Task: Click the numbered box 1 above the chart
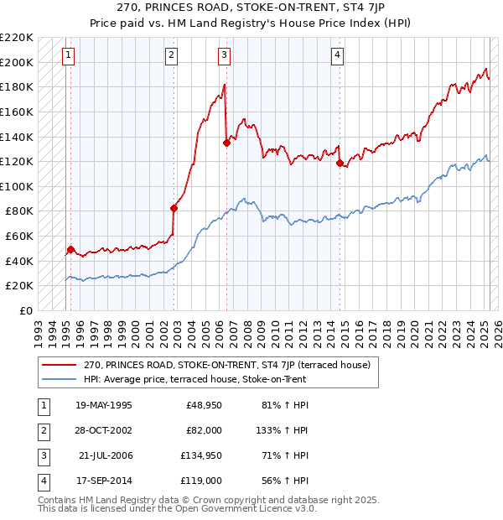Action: [68, 56]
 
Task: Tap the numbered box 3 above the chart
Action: [225, 56]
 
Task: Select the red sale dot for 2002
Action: [174, 208]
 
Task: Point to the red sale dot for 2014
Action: [340, 163]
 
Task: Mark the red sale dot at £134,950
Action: [226, 143]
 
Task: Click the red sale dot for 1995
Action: [70, 249]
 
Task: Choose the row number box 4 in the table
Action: [41, 481]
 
